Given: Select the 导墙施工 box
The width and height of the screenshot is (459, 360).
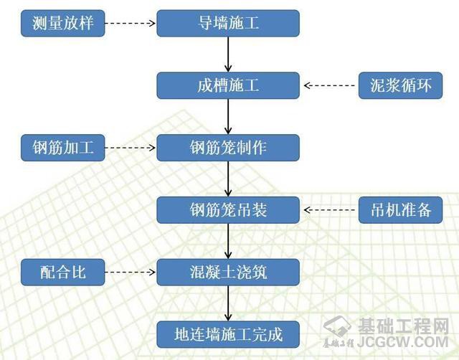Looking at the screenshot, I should point(228,24).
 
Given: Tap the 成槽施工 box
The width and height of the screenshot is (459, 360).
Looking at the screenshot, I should point(228,86).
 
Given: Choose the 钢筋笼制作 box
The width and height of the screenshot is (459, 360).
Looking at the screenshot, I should point(228,148).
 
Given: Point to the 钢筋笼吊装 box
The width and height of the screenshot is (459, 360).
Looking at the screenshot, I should point(228,210).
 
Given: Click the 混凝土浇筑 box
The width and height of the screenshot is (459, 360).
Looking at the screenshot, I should point(228,272).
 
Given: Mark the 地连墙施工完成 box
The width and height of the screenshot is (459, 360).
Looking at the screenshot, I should point(228,334).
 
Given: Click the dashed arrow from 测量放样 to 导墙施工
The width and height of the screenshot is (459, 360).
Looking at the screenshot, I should point(131,24).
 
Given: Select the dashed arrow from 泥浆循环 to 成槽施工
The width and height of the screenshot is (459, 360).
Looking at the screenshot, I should point(330,86).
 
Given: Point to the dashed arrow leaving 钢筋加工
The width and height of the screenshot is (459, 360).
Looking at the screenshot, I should point(131,148).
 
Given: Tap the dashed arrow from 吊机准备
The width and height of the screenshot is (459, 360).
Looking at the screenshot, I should point(330,210).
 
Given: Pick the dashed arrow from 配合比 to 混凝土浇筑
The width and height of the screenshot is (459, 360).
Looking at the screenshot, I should point(131,272).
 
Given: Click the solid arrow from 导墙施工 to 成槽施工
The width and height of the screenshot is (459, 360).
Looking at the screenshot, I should point(228,55).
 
